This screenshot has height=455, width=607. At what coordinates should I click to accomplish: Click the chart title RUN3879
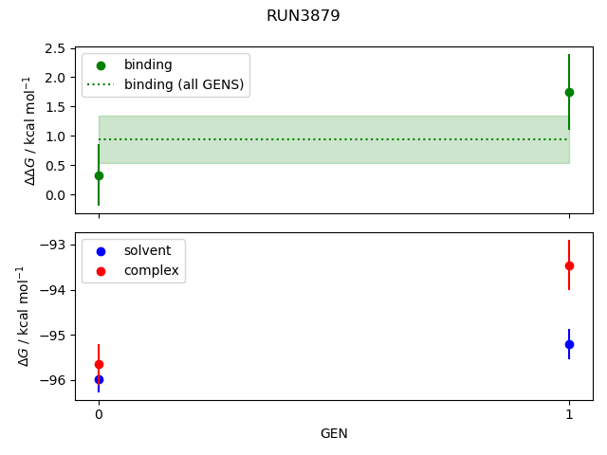[x=303, y=16]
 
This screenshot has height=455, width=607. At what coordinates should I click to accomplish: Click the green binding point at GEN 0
[x=99, y=175]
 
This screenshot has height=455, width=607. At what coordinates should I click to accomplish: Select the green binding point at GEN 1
[x=569, y=92]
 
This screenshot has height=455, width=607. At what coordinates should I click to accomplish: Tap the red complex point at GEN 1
[x=569, y=265]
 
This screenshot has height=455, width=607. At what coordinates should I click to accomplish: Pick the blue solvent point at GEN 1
[x=569, y=344]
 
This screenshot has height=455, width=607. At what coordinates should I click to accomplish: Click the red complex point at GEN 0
[x=99, y=364]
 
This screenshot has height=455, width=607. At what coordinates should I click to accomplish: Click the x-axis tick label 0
[x=99, y=415]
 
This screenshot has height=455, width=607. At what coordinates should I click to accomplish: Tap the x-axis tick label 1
[x=569, y=415]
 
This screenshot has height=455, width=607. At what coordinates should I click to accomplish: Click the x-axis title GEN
[x=334, y=434]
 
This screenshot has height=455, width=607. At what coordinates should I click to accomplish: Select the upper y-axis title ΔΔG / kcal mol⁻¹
[x=30, y=130]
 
